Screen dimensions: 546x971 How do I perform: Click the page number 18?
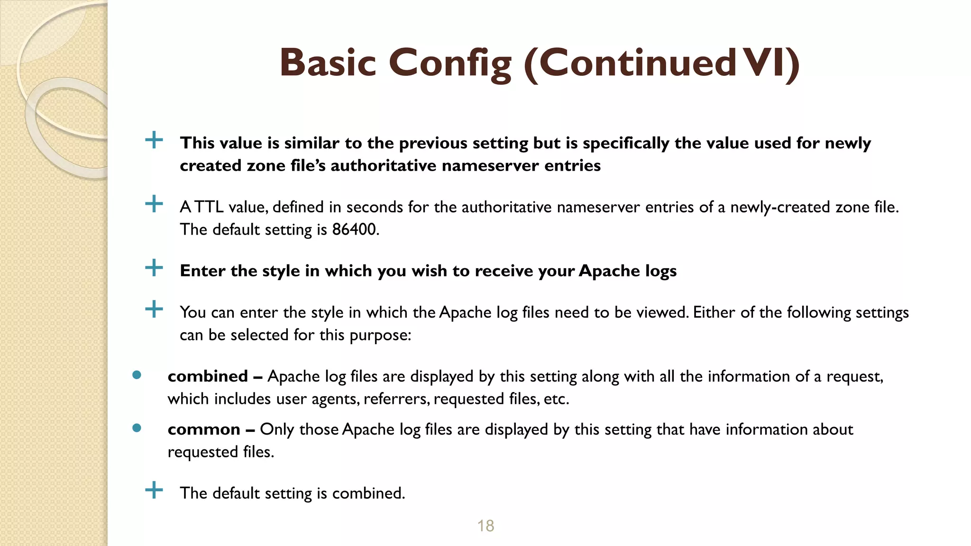click(x=485, y=526)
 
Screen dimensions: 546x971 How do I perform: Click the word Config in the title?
click(x=450, y=64)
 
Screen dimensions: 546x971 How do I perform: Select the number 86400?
click(x=355, y=229)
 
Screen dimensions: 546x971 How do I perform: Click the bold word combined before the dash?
click(x=208, y=376)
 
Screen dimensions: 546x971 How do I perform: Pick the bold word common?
click(x=204, y=429)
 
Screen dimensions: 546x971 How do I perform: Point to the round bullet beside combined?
click(x=137, y=375)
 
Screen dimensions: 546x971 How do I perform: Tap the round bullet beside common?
click(x=137, y=428)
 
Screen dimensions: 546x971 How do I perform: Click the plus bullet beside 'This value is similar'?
click(x=154, y=140)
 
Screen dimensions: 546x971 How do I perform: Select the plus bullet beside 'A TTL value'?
click(x=154, y=204)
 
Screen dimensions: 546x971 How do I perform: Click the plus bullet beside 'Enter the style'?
click(x=154, y=268)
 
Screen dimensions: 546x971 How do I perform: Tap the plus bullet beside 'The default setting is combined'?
click(x=154, y=490)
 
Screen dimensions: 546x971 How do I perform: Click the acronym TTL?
click(x=209, y=207)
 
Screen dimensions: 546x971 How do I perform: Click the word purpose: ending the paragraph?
click(x=380, y=336)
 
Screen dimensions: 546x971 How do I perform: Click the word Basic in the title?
click(x=328, y=64)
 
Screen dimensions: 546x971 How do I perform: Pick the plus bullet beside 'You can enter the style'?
click(x=154, y=310)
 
